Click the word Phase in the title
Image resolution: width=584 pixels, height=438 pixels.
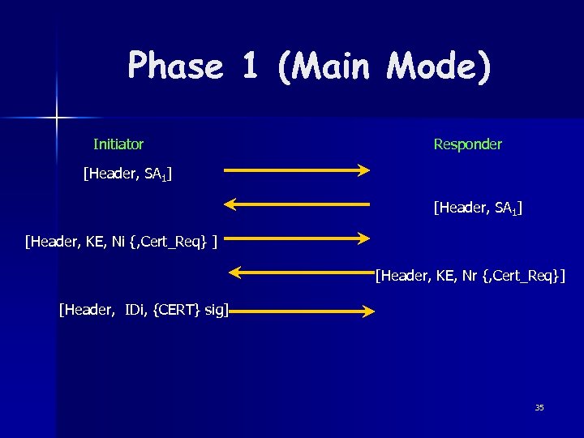[175, 66]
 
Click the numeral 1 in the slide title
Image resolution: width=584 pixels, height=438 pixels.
[249, 66]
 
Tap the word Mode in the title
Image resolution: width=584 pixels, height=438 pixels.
[439, 66]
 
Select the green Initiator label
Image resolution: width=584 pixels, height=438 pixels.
[118, 144]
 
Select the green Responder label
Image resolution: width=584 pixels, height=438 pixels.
[467, 144]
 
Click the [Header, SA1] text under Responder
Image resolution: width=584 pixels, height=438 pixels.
[478, 209]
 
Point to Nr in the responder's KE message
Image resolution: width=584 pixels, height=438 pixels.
[469, 277]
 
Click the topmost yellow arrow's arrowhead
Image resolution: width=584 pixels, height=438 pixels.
[363, 170]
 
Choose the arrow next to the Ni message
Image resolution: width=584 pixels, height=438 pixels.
[296, 238]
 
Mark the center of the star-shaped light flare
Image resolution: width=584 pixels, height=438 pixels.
[58, 118]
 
